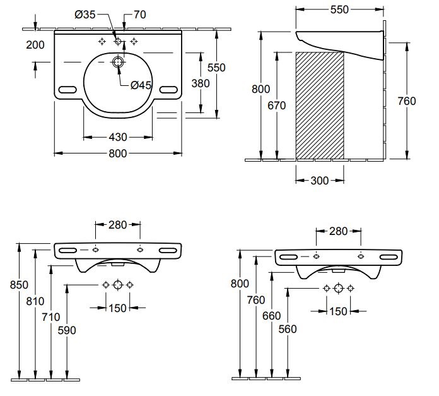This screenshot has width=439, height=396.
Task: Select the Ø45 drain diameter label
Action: tap(141, 85)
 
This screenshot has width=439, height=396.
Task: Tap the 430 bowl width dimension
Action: tap(118, 137)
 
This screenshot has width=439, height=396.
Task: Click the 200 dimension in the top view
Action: tap(36, 44)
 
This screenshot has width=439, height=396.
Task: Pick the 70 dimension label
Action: tap(139, 15)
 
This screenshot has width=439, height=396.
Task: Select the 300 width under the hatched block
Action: tap(320, 180)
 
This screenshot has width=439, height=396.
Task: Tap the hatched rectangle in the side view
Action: tap(319, 104)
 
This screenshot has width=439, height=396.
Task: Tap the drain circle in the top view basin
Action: tap(117, 62)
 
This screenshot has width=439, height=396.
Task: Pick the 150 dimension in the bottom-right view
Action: tap(339, 311)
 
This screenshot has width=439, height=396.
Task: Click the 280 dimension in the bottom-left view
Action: tap(117, 224)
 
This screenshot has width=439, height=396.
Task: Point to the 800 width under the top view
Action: tap(118, 153)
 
